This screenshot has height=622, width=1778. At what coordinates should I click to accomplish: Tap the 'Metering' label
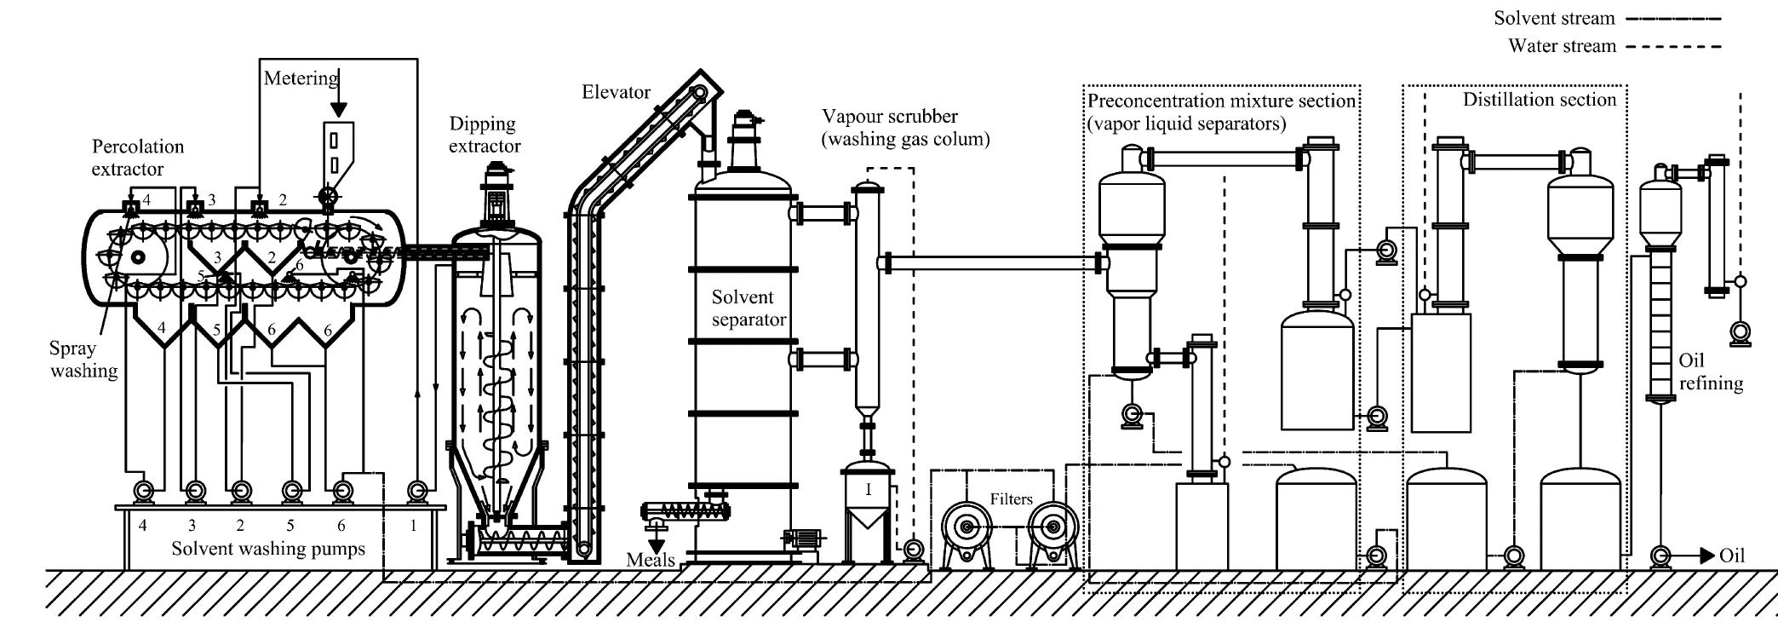pos(300,78)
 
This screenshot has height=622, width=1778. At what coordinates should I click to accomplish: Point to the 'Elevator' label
pos(616,92)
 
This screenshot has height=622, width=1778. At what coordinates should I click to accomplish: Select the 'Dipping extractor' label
pos(484,135)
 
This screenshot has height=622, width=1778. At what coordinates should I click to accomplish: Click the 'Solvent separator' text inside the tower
pos(748,308)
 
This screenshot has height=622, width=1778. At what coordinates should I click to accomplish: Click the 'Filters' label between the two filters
pos(1011,499)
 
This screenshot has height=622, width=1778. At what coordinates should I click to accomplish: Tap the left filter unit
pos(966,529)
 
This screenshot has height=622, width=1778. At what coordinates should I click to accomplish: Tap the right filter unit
pos(1052,529)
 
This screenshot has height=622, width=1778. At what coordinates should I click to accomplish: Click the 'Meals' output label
pos(651,560)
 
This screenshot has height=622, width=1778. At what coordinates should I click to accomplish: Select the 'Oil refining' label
pos(1710,372)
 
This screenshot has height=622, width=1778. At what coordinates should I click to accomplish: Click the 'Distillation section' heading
pos(1539,100)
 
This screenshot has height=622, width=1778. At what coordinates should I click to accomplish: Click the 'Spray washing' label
pos(83,360)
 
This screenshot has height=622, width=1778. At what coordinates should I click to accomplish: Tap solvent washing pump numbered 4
pos(143,491)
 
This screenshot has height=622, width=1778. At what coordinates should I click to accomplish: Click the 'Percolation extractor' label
pos(137,158)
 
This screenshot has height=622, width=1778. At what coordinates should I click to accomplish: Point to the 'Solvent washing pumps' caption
pos(267,549)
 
